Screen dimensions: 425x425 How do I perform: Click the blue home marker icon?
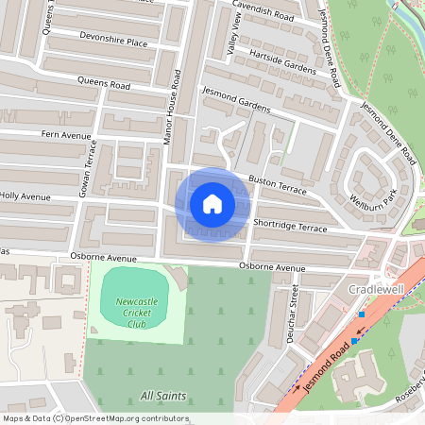(212, 203)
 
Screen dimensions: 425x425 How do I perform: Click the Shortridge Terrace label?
(290, 225)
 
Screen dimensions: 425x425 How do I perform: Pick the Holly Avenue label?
(25, 197)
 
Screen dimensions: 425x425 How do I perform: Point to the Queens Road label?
(104, 84)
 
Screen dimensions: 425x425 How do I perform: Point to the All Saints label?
(162, 396)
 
